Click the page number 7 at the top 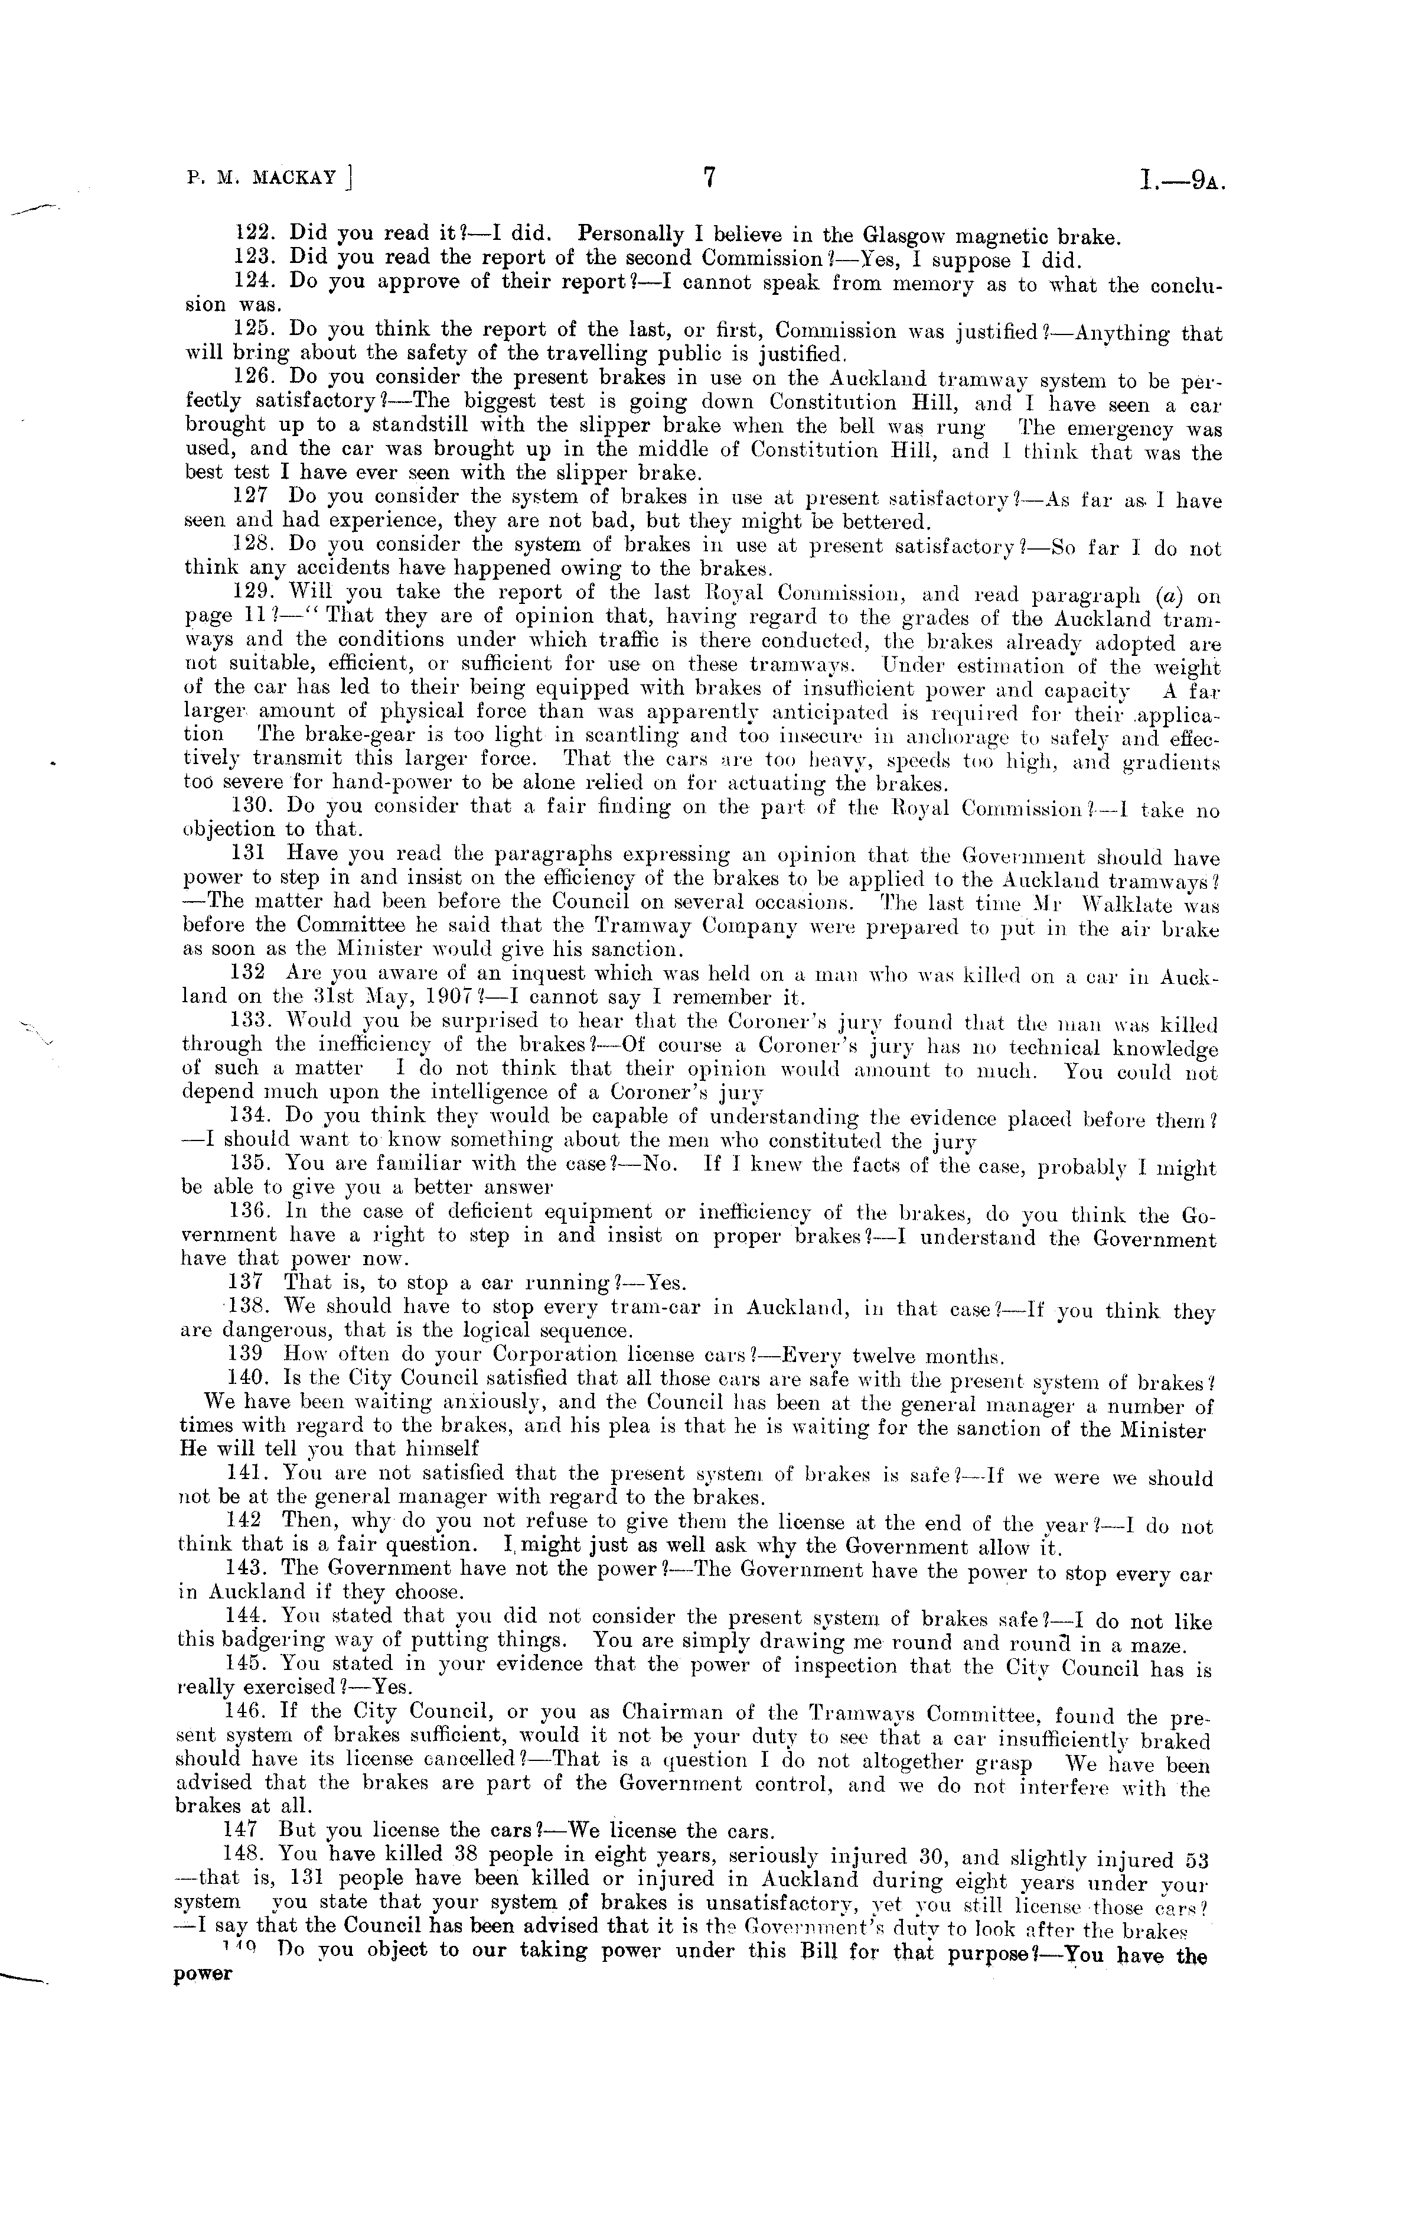coord(708,178)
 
